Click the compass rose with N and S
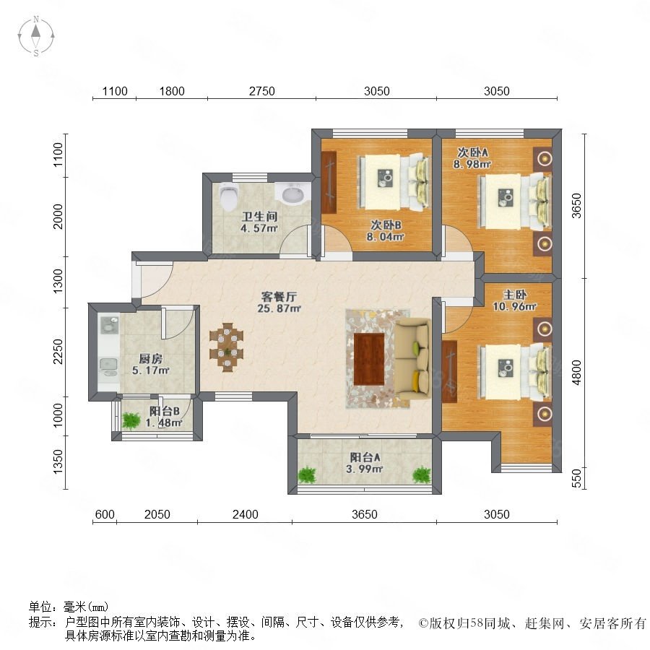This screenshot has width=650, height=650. click(36, 36)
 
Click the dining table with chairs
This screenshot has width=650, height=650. click(226, 347)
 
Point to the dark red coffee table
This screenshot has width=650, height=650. click(369, 359)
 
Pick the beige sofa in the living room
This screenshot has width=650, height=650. click(412, 359)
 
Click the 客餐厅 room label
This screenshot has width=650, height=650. click(279, 297)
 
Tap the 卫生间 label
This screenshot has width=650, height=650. click(259, 217)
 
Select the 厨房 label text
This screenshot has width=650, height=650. click(150, 358)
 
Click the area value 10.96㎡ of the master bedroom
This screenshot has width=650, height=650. click(514, 307)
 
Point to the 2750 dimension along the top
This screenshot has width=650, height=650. click(261, 91)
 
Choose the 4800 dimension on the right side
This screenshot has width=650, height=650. click(576, 372)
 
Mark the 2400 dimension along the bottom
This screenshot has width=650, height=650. click(245, 514)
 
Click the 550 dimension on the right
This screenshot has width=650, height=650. click(576, 478)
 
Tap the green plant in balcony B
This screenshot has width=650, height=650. click(131, 421)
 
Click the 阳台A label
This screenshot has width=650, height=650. click(365, 457)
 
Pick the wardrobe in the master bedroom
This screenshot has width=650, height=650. click(449, 371)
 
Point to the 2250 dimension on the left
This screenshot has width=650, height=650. click(58, 352)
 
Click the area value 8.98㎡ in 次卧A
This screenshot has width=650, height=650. click(472, 164)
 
